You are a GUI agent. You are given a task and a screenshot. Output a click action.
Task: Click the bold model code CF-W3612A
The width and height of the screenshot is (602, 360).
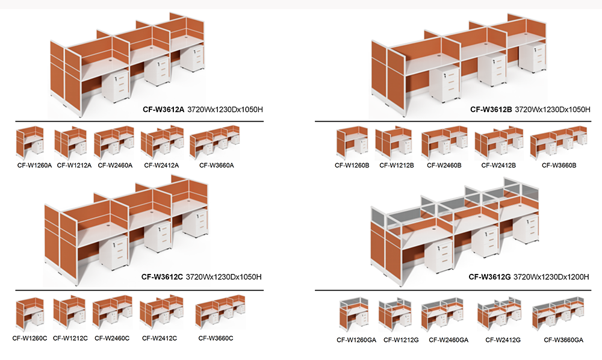164,110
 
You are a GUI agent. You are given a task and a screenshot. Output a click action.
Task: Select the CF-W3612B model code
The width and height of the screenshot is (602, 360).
491,110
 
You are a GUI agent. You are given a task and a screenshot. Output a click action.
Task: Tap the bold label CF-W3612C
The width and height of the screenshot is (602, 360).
162,277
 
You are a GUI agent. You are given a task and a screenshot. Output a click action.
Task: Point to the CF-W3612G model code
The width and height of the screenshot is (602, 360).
489,277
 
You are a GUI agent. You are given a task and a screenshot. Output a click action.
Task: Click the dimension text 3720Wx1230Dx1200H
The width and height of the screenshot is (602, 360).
551,277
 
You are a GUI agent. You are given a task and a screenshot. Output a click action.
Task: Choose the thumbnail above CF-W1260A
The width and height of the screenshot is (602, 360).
30,143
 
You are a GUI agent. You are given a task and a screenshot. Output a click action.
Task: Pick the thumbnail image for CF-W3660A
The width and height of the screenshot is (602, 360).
215,142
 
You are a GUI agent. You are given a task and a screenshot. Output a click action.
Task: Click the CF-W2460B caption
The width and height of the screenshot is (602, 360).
444,166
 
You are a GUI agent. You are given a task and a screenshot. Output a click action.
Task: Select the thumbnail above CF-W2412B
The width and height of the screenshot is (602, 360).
498,143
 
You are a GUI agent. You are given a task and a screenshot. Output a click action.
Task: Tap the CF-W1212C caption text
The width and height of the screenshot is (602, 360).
70,338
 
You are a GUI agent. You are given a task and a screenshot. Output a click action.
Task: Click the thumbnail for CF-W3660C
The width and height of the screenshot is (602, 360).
220,312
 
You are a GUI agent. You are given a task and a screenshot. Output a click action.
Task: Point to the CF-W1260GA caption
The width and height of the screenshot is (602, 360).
356,340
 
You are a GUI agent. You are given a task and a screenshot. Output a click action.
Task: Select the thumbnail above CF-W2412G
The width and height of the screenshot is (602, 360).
501,314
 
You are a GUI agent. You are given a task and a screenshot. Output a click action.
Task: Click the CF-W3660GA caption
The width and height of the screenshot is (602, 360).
563,340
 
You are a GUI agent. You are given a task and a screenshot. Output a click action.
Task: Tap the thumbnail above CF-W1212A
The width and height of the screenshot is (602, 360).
70,143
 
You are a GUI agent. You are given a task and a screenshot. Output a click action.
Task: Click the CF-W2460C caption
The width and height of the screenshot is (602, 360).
112,338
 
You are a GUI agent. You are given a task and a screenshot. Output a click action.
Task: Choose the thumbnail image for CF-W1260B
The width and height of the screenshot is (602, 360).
352,143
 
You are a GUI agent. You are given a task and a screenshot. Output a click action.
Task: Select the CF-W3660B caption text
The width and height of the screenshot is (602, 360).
559,166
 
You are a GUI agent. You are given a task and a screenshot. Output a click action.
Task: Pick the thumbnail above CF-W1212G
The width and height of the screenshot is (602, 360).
395,314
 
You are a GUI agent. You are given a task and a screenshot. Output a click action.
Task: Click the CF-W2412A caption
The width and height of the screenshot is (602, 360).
161,166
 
